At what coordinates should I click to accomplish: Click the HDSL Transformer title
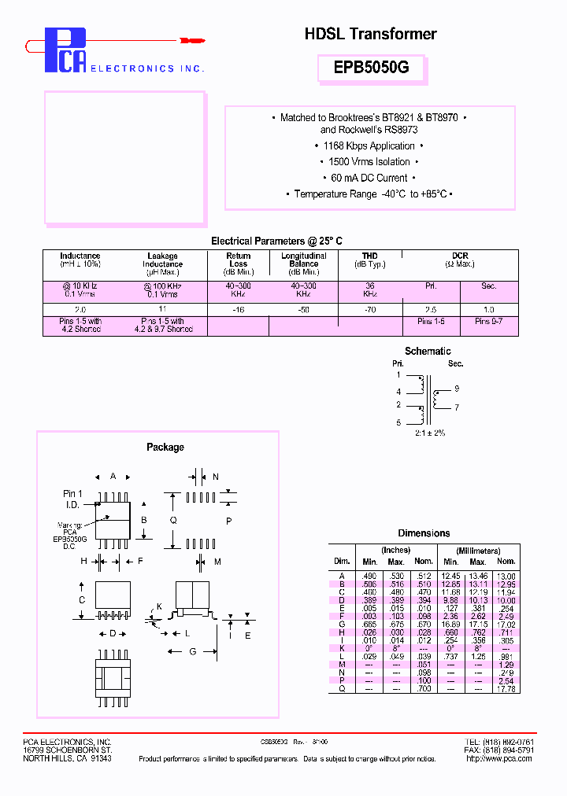(x=370, y=34)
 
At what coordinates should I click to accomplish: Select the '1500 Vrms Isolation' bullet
(x=369, y=162)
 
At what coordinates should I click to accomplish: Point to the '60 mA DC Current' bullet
(x=369, y=178)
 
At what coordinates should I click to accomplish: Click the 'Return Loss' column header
(x=239, y=260)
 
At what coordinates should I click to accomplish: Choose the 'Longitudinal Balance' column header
(x=303, y=260)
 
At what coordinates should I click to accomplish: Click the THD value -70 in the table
(x=370, y=310)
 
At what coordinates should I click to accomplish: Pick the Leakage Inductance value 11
(x=163, y=310)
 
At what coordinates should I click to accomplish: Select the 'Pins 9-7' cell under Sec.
(x=489, y=322)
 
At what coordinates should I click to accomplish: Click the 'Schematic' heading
(x=428, y=352)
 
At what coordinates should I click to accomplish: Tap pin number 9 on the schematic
(x=456, y=389)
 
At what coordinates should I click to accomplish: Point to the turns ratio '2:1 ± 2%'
(x=429, y=433)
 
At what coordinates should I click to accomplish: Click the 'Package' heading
(x=165, y=448)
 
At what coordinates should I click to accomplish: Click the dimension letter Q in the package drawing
(x=173, y=521)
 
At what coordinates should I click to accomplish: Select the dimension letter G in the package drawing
(x=192, y=651)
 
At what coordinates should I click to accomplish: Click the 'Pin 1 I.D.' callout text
(x=73, y=498)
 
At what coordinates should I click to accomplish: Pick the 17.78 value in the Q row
(x=506, y=689)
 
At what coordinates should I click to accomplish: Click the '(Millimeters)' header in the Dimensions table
(x=478, y=550)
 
